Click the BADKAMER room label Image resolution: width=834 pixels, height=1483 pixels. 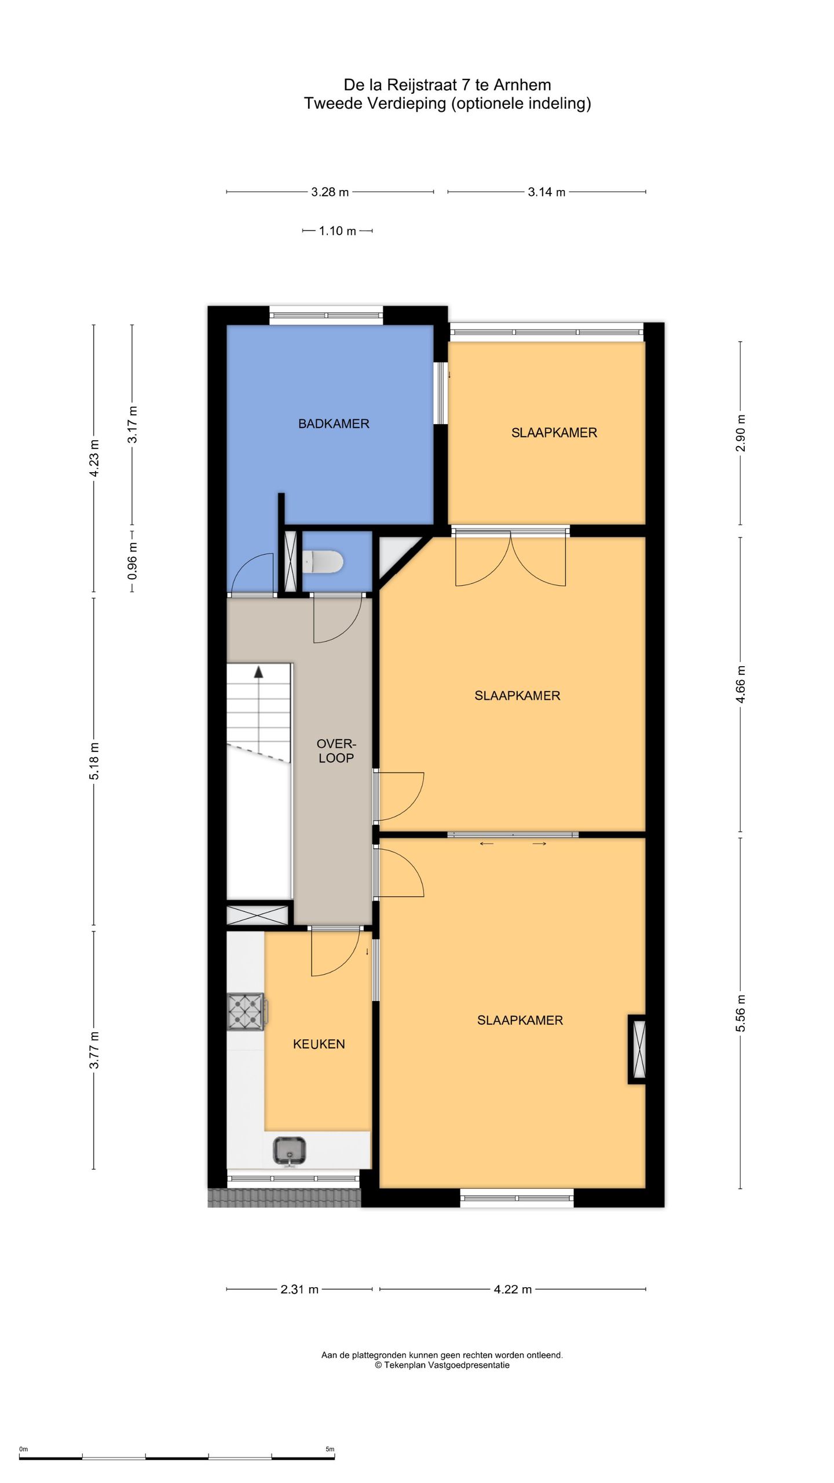click(x=334, y=423)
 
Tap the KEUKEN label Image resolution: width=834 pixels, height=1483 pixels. click(x=319, y=1044)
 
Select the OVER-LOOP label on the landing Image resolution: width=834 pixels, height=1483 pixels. click(x=336, y=751)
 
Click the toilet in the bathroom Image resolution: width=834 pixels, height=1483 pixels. click(x=323, y=561)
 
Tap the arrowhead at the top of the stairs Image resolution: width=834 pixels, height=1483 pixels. click(x=258, y=672)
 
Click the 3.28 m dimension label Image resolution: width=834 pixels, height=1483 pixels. click(x=330, y=192)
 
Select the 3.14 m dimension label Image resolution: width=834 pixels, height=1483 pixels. click(x=547, y=192)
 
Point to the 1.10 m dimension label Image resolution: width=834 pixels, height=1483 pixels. click(x=338, y=231)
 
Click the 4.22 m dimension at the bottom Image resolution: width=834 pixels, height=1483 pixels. click(x=513, y=1290)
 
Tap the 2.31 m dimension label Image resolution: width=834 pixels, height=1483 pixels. click(x=299, y=1290)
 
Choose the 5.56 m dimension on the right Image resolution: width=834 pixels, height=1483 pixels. click(x=741, y=1013)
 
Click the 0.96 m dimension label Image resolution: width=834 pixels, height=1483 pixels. click(x=133, y=561)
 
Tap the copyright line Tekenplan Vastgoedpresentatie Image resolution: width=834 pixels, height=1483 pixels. click(x=442, y=1365)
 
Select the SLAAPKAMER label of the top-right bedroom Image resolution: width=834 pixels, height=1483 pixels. click(x=554, y=433)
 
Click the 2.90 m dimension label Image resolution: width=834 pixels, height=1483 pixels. click(x=741, y=433)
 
